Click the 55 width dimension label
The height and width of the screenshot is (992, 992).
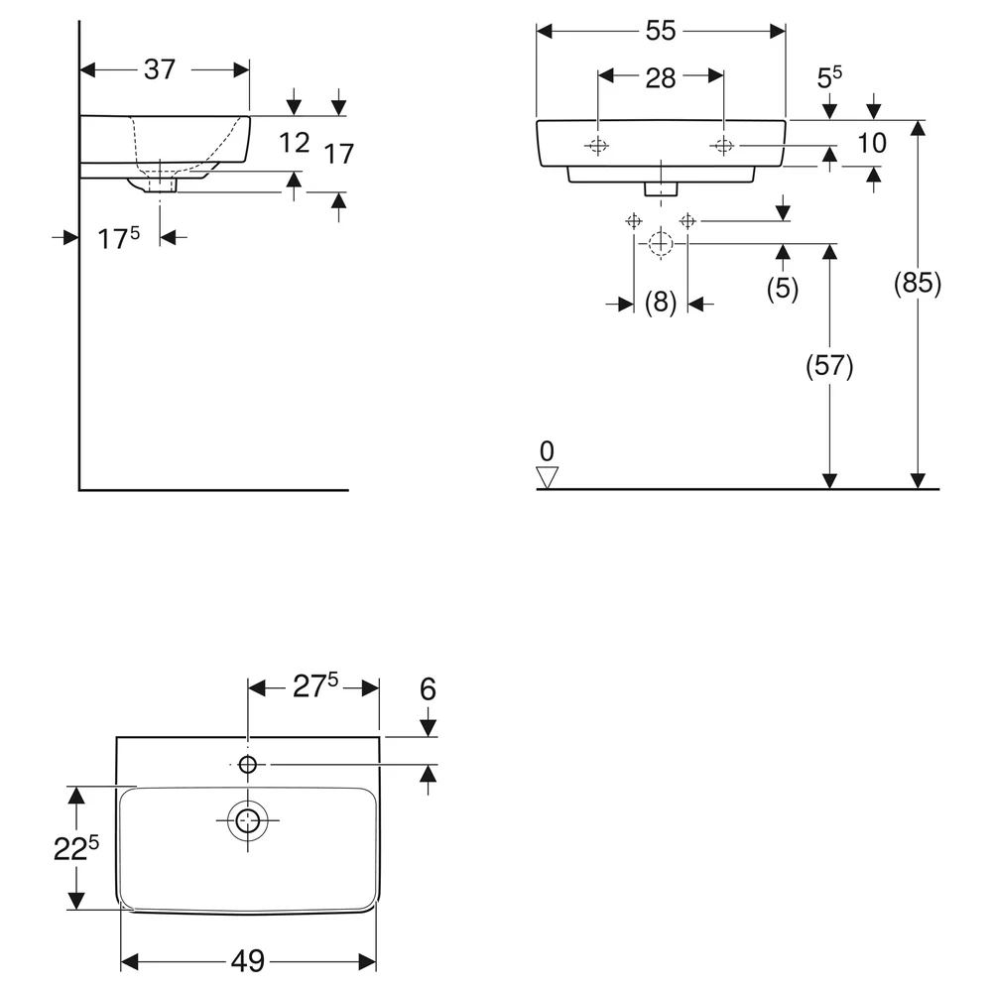(x=661, y=31)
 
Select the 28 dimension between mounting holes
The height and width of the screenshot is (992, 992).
(x=661, y=78)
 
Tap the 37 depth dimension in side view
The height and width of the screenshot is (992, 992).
(x=160, y=69)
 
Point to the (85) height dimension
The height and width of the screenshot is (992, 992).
(x=918, y=283)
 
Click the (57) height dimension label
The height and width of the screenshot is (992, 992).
(x=829, y=366)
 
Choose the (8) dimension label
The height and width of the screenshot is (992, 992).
(x=661, y=302)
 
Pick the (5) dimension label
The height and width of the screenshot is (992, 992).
(x=783, y=288)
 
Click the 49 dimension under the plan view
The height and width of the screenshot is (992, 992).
(x=248, y=961)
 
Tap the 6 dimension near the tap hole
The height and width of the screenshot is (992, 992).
(x=429, y=689)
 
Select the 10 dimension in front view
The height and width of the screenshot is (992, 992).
(x=872, y=143)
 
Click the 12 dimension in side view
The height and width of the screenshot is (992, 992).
(x=295, y=143)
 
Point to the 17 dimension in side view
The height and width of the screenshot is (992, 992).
(x=339, y=154)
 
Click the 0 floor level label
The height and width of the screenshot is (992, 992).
(x=548, y=451)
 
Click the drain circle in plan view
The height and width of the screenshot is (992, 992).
(x=248, y=820)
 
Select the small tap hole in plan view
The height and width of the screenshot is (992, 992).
(x=247, y=765)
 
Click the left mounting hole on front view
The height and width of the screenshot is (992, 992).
(x=597, y=146)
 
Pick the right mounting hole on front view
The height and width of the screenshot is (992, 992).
(x=723, y=146)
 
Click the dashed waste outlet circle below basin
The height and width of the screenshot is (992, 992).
(x=661, y=243)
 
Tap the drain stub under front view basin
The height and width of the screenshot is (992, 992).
(x=661, y=188)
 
